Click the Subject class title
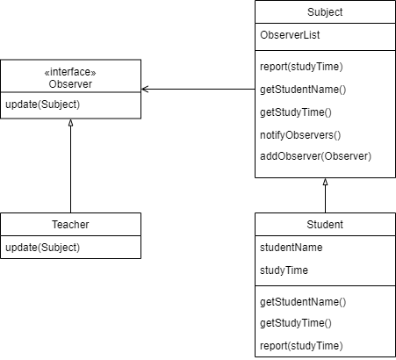(x=325, y=12)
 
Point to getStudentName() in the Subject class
(x=303, y=89)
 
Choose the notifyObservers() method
(x=299, y=134)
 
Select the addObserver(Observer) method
(x=315, y=156)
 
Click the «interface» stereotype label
(x=70, y=72)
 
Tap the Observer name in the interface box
(x=70, y=84)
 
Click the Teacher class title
(x=70, y=225)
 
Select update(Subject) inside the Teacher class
(x=42, y=247)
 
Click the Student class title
(x=325, y=225)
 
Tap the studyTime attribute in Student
(x=284, y=270)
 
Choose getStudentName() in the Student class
(x=303, y=301)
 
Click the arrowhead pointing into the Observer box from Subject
(x=145, y=89)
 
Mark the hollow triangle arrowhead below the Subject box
(x=325, y=183)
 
